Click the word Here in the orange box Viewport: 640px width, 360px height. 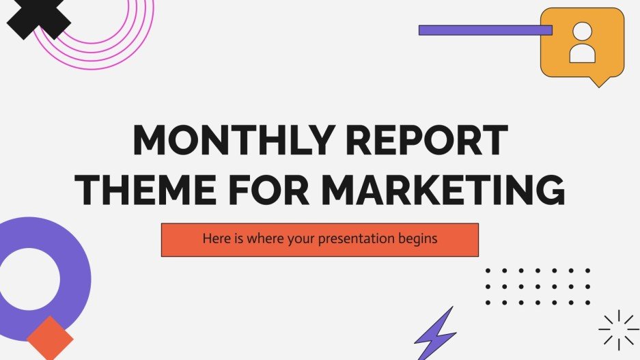(x=214, y=240)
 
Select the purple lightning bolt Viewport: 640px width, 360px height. (x=436, y=334)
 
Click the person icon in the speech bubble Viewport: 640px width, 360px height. (x=582, y=42)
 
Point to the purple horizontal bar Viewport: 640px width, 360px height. (x=485, y=30)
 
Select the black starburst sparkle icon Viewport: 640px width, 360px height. (x=619, y=330)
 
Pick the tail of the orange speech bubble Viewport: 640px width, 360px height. (x=598, y=81)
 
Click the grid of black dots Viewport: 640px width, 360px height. (x=537, y=286)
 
